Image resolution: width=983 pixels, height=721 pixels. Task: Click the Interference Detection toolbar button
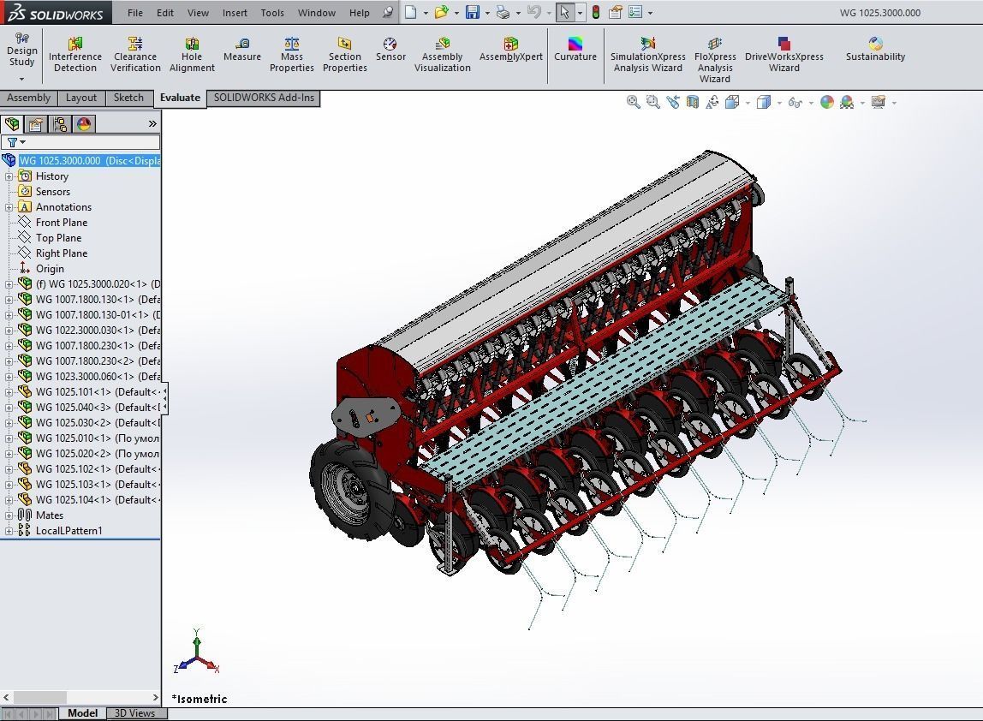pos(75,54)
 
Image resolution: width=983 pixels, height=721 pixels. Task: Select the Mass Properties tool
pos(292,54)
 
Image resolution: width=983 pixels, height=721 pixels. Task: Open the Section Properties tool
pos(345,54)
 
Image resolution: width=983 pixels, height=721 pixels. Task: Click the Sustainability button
pos(875,50)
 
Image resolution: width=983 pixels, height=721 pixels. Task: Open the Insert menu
pos(235,13)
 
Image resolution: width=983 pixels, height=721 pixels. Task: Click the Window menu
pos(317,13)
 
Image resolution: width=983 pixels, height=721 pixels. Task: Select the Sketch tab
pos(128,98)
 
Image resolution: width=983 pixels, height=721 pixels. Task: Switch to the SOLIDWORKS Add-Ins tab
pos(264,98)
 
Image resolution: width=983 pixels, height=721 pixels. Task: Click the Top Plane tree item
pos(58,238)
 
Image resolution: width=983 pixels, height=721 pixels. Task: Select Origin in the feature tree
pos(50,269)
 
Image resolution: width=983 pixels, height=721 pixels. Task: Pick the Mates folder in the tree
pos(50,515)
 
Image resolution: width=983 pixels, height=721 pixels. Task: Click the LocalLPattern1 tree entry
pos(69,531)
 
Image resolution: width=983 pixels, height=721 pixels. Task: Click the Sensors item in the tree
pos(52,192)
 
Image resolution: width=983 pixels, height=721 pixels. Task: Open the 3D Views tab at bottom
pos(135,713)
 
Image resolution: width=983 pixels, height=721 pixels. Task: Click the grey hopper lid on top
pos(565,248)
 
